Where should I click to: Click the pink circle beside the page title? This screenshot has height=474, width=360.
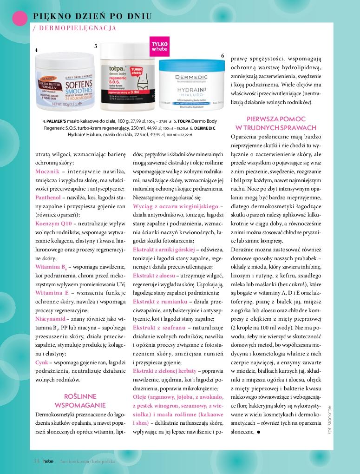[x=19, y=17]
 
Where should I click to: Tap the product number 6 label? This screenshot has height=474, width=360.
[x=223, y=55]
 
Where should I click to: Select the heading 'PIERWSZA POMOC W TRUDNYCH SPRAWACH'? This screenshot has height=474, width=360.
[x=276, y=123]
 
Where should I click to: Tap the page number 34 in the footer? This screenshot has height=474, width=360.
[x=36, y=461]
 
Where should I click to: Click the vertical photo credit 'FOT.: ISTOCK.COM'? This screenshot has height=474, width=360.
[x=330, y=419]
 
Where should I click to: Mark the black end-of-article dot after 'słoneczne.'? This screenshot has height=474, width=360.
[x=258, y=432]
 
